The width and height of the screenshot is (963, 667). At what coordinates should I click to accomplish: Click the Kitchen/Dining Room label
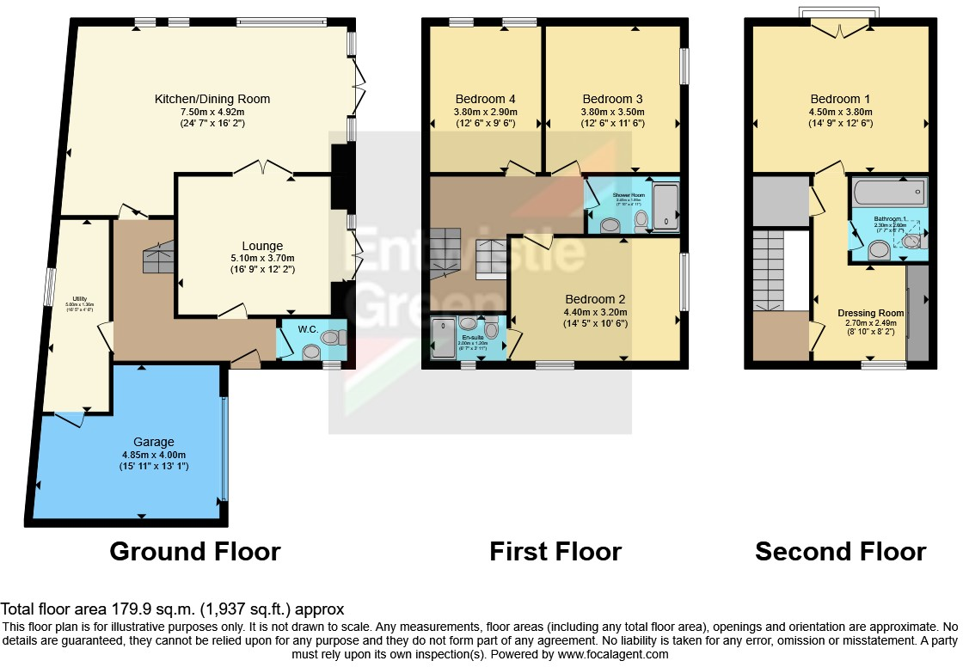[212, 99]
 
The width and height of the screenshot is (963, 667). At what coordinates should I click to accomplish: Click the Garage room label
[154, 442]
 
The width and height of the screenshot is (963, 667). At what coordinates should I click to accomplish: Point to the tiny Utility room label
[78, 302]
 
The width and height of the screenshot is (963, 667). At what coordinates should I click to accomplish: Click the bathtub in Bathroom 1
[890, 191]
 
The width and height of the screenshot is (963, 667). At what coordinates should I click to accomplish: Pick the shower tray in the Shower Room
[666, 207]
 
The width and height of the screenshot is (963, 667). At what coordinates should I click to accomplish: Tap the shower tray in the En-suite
[444, 337]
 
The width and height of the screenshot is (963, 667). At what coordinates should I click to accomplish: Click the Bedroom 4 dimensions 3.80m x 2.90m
[486, 111]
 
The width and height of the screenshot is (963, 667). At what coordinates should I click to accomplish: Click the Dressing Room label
[871, 313]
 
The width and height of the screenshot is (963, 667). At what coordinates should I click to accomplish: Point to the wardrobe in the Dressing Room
[917, 313]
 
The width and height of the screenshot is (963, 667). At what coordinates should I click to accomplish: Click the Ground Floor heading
[195, 551]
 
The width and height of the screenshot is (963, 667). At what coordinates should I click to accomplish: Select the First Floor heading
[555, 551]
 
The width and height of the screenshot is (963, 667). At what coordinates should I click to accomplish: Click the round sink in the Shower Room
[610, 224]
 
